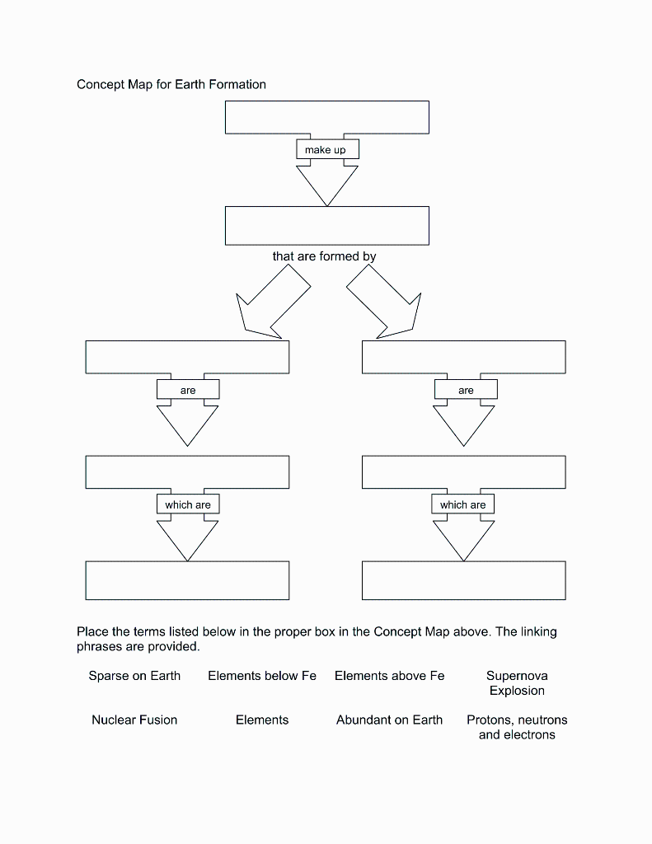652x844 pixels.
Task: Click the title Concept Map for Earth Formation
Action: [x=171, y=84]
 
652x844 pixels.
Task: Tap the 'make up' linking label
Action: [x=326, y=150]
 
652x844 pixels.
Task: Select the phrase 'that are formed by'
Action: [x=324, y=256]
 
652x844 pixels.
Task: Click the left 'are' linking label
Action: [x=188, y=390]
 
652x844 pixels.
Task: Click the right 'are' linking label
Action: [x=466, y=390]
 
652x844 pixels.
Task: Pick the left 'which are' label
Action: [x=188, y=504]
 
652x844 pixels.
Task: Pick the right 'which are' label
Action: [x=463, y=504]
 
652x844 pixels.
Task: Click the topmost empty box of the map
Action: [x=326, y=117]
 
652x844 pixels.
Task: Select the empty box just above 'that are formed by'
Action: [x=326, y=225]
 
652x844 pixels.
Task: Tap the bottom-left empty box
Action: [x=187, y=580]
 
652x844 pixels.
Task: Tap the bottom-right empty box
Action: [x=463, y=580]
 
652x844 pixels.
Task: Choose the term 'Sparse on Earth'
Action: [x=134, y=676]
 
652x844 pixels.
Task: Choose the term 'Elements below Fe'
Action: [x=262, y=676]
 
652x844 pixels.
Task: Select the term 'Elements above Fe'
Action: [x=389, y=676]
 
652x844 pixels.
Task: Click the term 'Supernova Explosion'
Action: [x=517, y=683]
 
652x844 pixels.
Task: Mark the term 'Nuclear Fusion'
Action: [x=134, y=720]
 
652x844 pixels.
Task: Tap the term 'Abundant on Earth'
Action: [x=389, y=720]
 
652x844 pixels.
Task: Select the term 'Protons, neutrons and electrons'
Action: [x=517, y=727]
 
